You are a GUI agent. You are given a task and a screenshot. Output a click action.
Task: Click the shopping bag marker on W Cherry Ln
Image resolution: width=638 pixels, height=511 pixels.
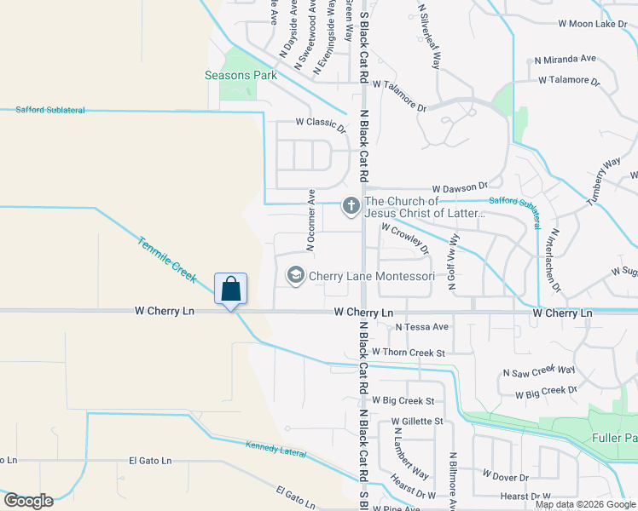(x=230, y=290)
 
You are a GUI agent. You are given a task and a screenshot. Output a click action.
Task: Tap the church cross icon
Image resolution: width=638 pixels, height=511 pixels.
(x=351, y=205)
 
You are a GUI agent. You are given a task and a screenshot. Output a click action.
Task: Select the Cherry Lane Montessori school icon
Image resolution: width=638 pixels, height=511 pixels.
(x=295, y=276)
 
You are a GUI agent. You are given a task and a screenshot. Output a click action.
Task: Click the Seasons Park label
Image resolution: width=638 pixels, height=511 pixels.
(x=241, y=75)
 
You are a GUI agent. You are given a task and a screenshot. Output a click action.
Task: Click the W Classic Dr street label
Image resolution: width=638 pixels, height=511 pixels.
(x=321, y=122)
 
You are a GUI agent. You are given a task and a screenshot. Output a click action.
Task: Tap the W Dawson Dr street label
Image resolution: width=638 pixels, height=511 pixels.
(x=459, y=187)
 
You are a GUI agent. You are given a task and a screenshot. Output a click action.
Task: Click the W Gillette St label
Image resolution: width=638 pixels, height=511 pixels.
(x=417, y=421)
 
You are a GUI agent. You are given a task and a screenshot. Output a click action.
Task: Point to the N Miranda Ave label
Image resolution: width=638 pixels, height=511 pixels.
(x=565, y=59)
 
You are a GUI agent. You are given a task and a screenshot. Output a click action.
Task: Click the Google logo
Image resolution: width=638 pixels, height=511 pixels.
(x=28, y=501)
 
